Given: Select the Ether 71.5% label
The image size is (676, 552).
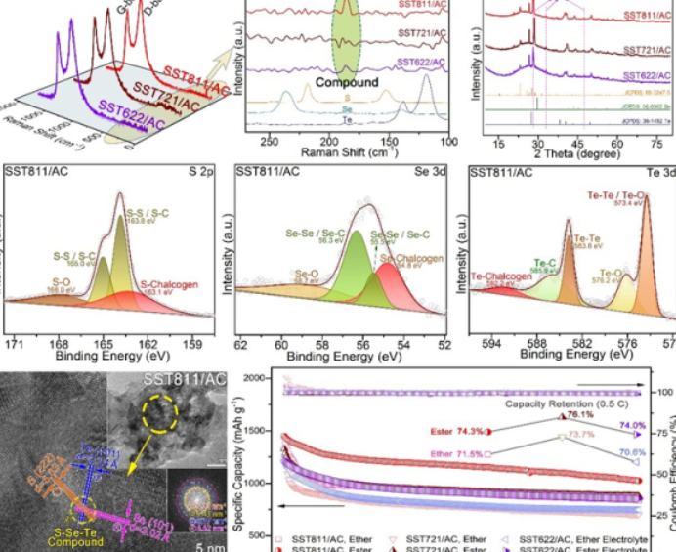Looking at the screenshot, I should coord(455,454).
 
